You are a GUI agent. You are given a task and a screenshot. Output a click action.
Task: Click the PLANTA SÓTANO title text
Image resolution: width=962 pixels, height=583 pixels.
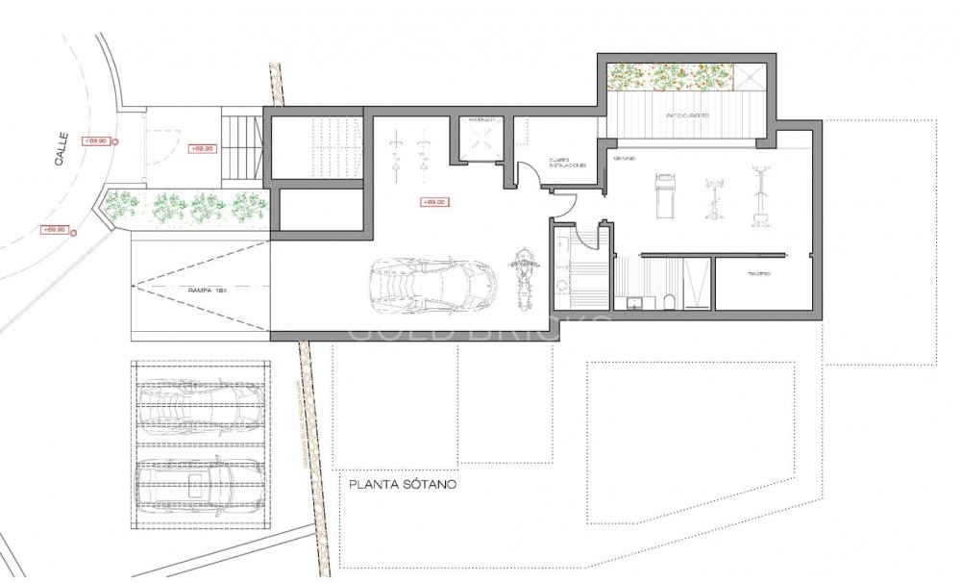403,485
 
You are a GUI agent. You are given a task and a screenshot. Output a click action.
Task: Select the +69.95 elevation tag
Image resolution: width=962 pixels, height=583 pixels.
201,149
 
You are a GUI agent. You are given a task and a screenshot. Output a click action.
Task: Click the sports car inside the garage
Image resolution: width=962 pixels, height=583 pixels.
433,284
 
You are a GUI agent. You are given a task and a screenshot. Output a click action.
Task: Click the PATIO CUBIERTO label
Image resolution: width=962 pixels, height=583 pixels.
687,115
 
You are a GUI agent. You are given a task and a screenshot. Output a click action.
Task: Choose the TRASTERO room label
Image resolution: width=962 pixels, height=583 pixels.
760,276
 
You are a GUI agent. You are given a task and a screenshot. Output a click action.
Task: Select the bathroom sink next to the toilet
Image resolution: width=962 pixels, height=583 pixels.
634,303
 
